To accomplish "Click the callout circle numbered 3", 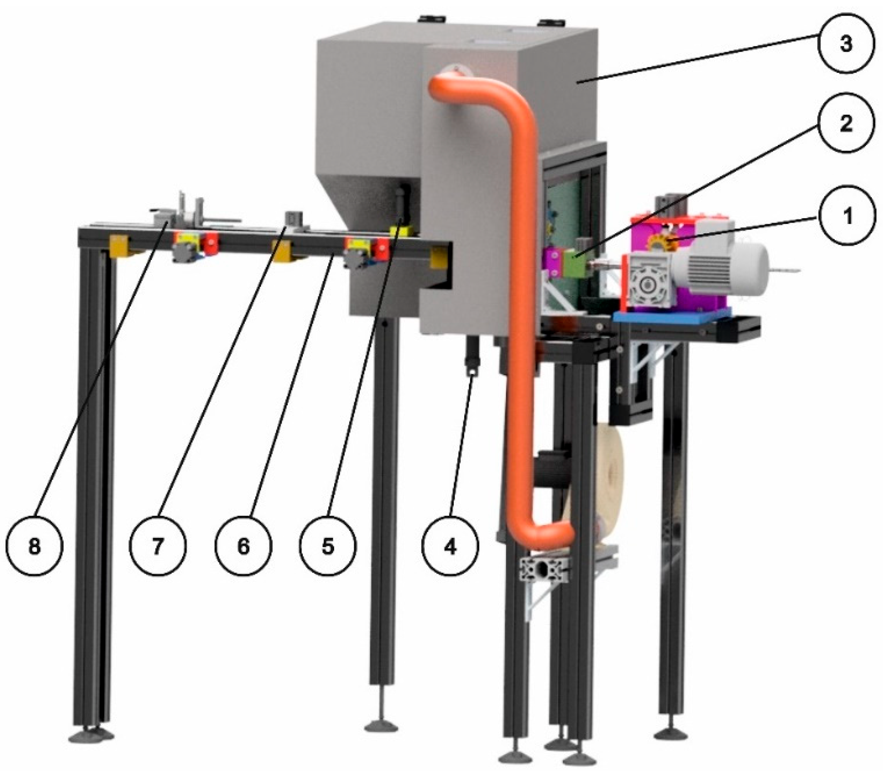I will pyautogui.click(x=845, y=44).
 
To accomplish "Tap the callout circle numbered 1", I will pyautogui.click(x=847, y=215).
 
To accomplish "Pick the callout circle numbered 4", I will pyautogui.click(x=450, y=547).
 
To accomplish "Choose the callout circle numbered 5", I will pyautogui.click(x=328, y=547).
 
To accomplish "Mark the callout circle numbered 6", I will pyautogui.click(x=243, y=547).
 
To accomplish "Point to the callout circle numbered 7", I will pyautogui.click(x=158, y=547).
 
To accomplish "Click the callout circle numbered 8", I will pyautogui.click(x=34, y=547).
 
